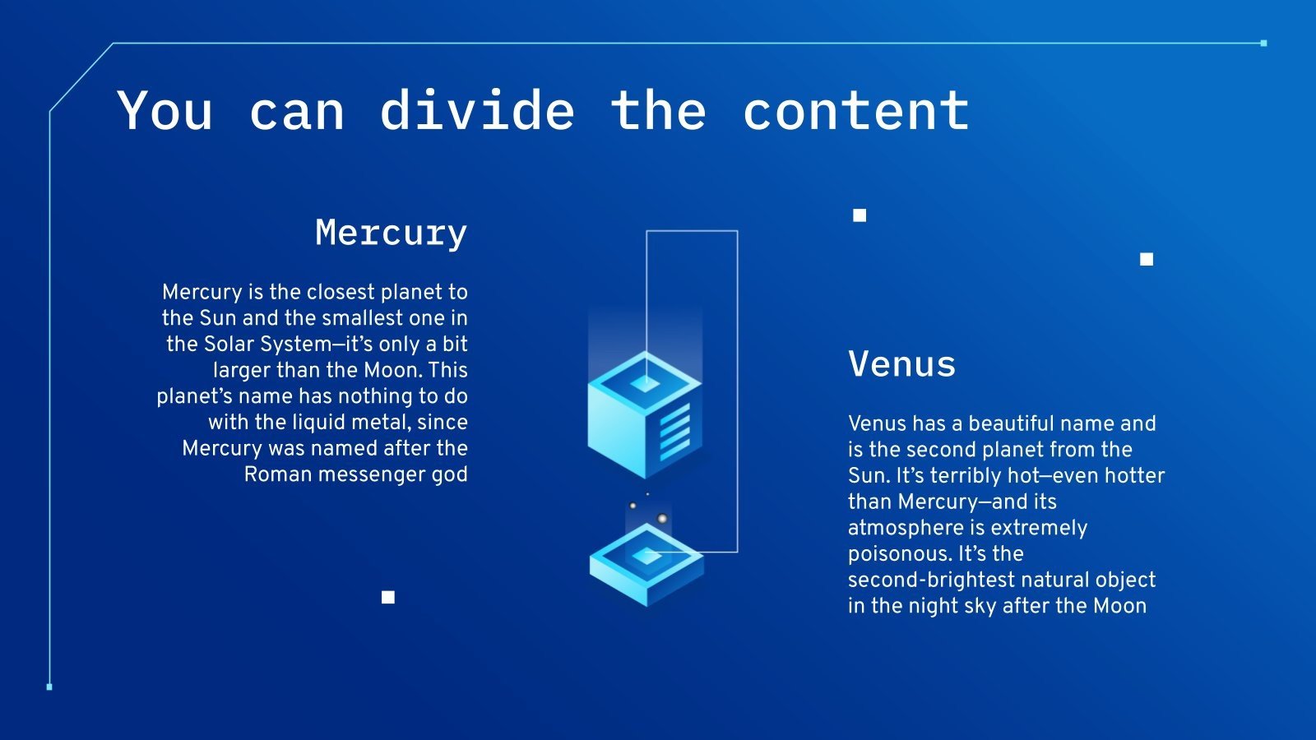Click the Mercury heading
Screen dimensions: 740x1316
(x=391, y=234)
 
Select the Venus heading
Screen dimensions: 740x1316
(x=901, y=364)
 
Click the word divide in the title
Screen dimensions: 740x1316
(x=477, y=111)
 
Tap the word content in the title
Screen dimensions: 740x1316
(x=855, y=111)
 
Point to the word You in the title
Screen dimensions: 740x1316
(x=165, y=111)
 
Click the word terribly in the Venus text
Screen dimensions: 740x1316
(x=975, y=475)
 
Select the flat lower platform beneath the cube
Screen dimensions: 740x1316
(x=646, y=567)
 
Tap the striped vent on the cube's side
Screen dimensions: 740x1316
(x=675, y=430)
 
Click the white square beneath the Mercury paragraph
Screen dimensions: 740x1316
(x=388, y=597)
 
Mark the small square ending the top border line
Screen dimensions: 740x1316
(x=1263, y=43)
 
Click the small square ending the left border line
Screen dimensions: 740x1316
(x=49, y=687)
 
